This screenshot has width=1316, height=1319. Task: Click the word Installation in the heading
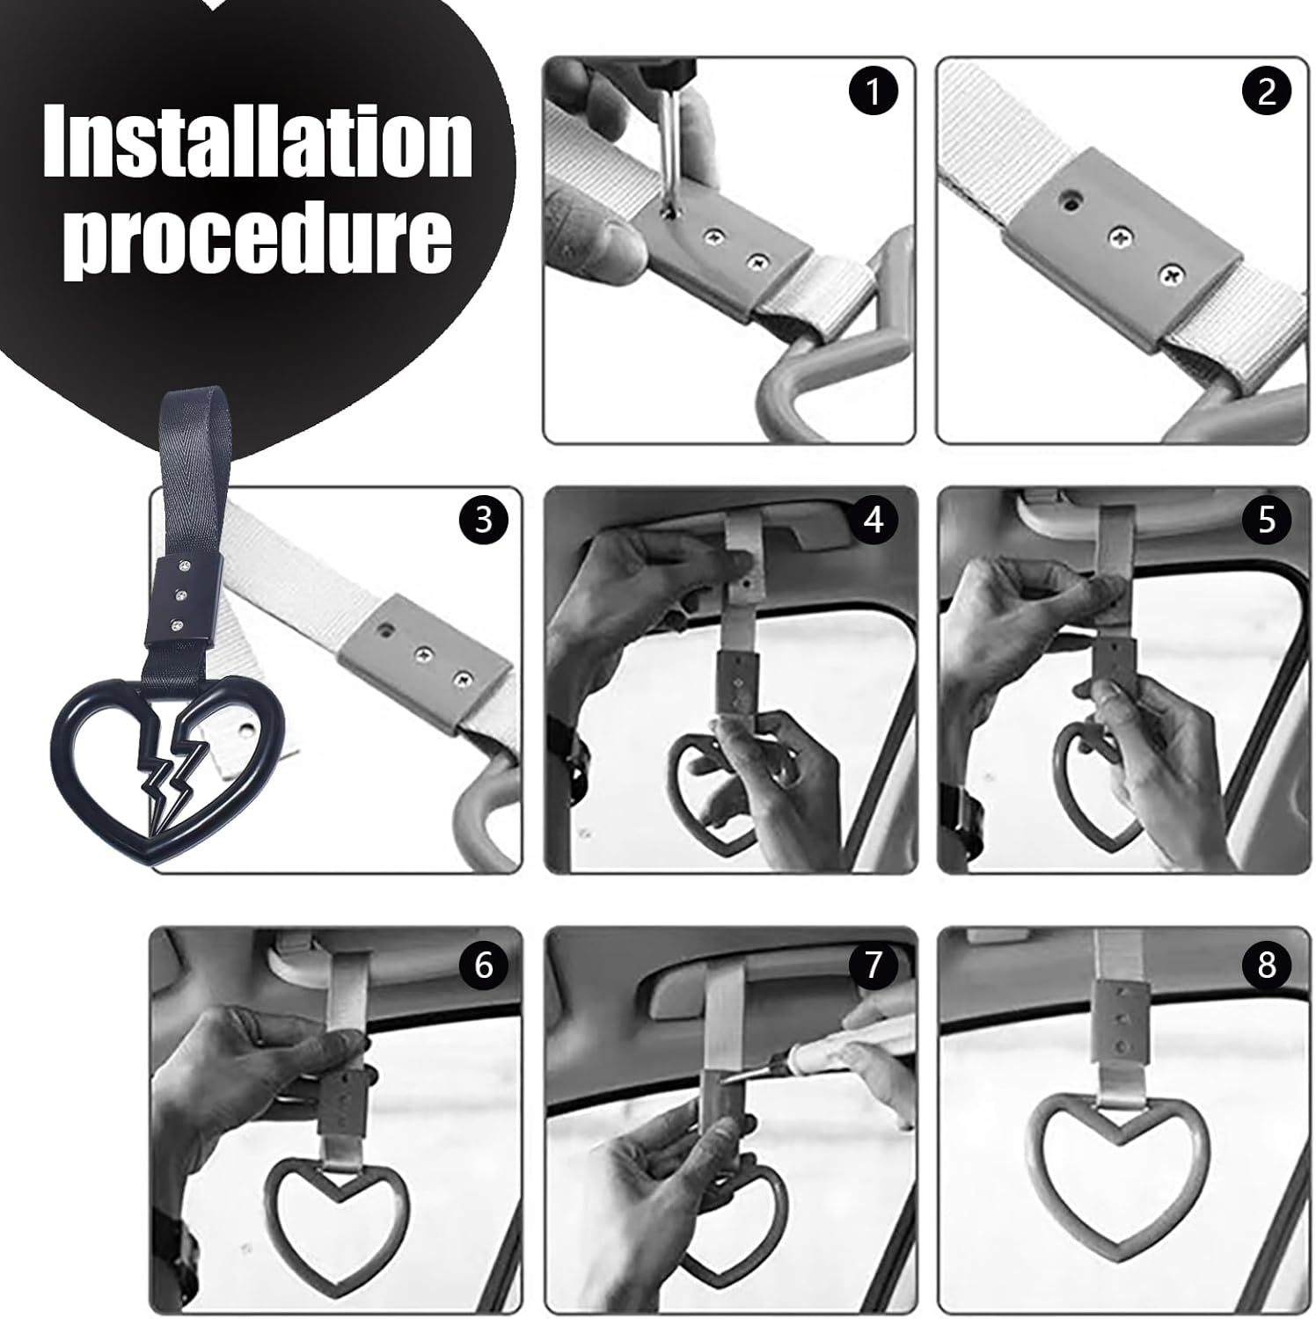(x=259, y=142)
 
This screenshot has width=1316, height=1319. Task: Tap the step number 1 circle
(x=873, y=91)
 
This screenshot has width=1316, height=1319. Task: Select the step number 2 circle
(x=1267, y=91)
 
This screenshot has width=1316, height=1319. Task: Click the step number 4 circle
(x=873, y=521)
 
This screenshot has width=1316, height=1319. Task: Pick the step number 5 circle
(x=1267, y=521)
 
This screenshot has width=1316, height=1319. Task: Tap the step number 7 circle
(x=873, y=966)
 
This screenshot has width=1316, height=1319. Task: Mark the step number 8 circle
(x=1267, y=966)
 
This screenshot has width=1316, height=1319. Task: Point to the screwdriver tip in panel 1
(x=673, y=209)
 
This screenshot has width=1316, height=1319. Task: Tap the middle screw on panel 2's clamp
(x=1119, y=236)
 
